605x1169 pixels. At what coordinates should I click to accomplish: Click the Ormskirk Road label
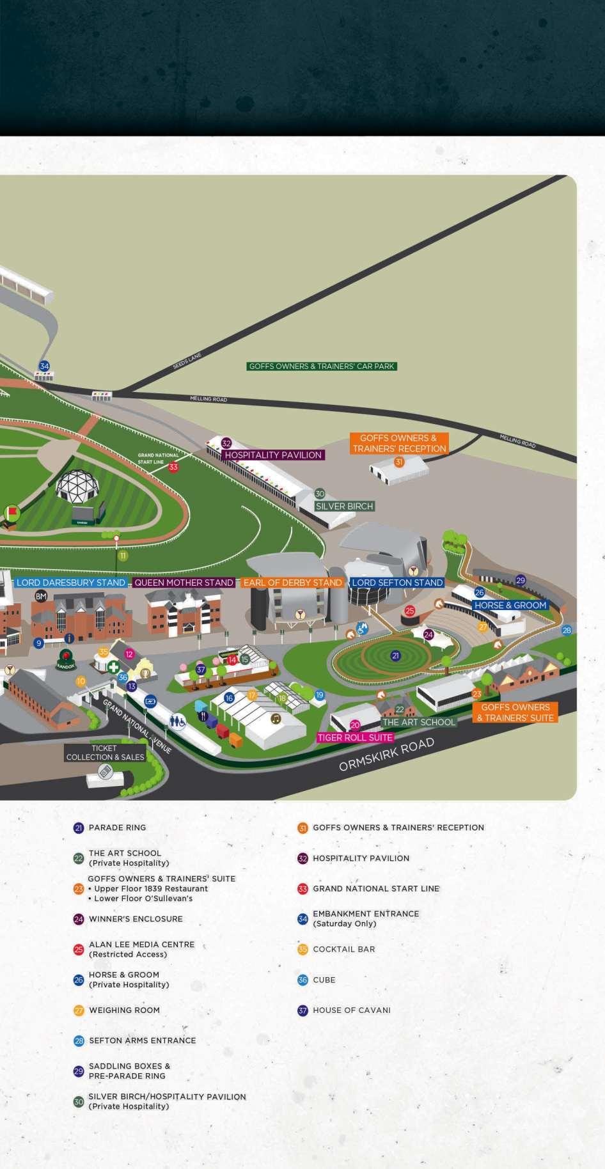pos(386,755)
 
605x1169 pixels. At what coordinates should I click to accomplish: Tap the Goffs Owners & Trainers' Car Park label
pos(322,366)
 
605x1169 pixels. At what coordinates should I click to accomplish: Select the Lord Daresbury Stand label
pos(71,583)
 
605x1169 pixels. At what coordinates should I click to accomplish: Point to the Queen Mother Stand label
pos(184,583)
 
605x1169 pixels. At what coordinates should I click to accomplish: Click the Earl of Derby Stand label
pos(293,583)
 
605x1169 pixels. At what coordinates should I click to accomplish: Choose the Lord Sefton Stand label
pos(397,583)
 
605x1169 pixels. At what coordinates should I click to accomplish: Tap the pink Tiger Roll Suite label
pos(355,737)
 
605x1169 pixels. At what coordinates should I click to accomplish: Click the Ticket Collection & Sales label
pos(105,753)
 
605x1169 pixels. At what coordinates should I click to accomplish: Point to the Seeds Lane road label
pos(187,361)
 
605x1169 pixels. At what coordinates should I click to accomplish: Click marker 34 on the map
pos(44,366)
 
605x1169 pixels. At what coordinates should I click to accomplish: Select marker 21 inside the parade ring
pos(395,655)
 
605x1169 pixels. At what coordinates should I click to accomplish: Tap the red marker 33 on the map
pos(173,467)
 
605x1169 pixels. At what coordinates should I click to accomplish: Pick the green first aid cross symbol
pos(113,667)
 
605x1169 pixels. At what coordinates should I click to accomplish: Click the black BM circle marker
pos(41,597)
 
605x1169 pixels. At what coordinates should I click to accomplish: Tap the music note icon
pos(276,718)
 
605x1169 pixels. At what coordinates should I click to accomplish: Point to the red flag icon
pos(12,512)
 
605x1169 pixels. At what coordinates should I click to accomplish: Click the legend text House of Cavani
pos(351,1010)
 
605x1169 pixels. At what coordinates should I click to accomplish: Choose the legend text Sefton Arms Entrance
pos(142,1040)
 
